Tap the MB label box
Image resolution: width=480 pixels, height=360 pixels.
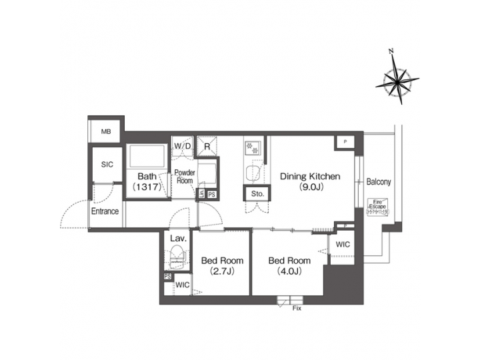click(105, 131)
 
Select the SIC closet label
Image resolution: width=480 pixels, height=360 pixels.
click(107, 163)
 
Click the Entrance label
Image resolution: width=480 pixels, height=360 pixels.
click(105, 211)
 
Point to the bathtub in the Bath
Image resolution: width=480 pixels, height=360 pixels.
click(147, 157)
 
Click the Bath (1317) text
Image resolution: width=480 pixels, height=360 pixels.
click(147, 182)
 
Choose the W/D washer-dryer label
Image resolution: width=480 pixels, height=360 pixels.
click(182, 145)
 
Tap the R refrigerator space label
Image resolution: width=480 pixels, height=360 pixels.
click(207, 145)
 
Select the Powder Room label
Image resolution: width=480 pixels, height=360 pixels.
click(184, 176)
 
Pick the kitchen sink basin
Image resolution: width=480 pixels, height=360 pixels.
click(253, 174)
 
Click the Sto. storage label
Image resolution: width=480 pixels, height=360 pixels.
click(257, 194)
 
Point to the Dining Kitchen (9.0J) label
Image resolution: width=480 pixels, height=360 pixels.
click(310, 181)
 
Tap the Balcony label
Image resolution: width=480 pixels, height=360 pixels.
click(379, 181)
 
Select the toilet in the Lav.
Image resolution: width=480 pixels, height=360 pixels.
click(177, 255)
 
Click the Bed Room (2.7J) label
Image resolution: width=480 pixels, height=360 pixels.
click(222, 265)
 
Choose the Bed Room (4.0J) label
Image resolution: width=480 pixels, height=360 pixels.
click(289, 265)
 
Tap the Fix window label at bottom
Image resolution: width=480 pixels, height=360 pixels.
click(297, 309)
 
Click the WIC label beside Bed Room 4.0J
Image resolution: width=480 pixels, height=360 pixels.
click(343, 244)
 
